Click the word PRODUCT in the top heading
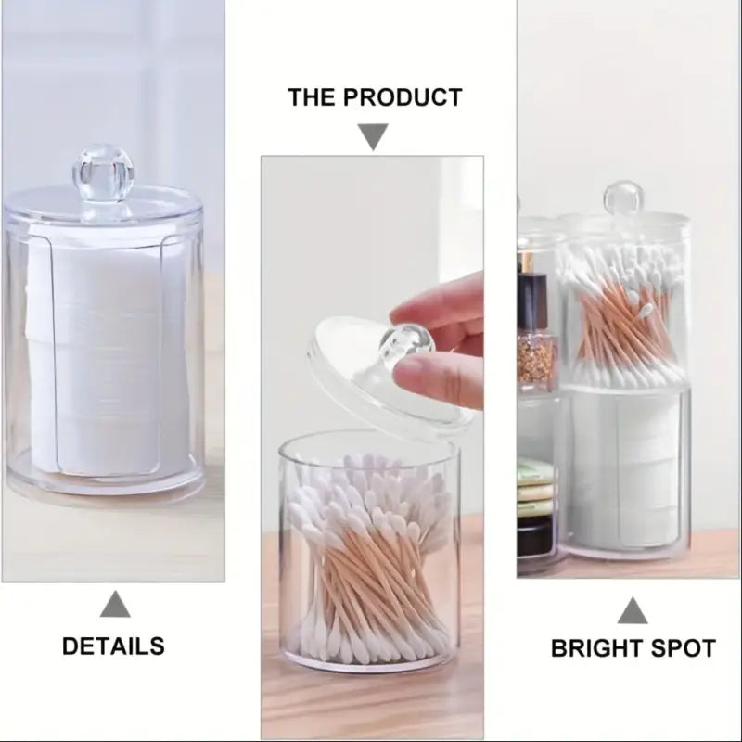pos(403,96)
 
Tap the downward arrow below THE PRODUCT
pos(373,138)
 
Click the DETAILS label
pos(113,646)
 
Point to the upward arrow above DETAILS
pos(115,605)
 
